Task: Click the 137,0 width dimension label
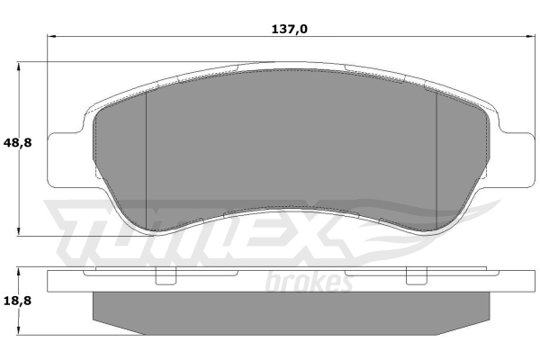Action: [289, 30]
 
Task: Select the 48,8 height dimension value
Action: [17, 142]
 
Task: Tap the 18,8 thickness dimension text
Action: [17, 301]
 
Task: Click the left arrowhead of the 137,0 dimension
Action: [51, 36]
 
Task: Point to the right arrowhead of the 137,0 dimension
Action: [528, 36]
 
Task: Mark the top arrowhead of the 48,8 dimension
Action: [19, 67]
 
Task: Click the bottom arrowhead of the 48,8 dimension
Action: [19, 231]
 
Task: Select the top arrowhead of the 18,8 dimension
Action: [19, 274]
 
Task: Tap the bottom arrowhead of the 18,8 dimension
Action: [19, 329]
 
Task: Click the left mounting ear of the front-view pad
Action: [66, 159]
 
